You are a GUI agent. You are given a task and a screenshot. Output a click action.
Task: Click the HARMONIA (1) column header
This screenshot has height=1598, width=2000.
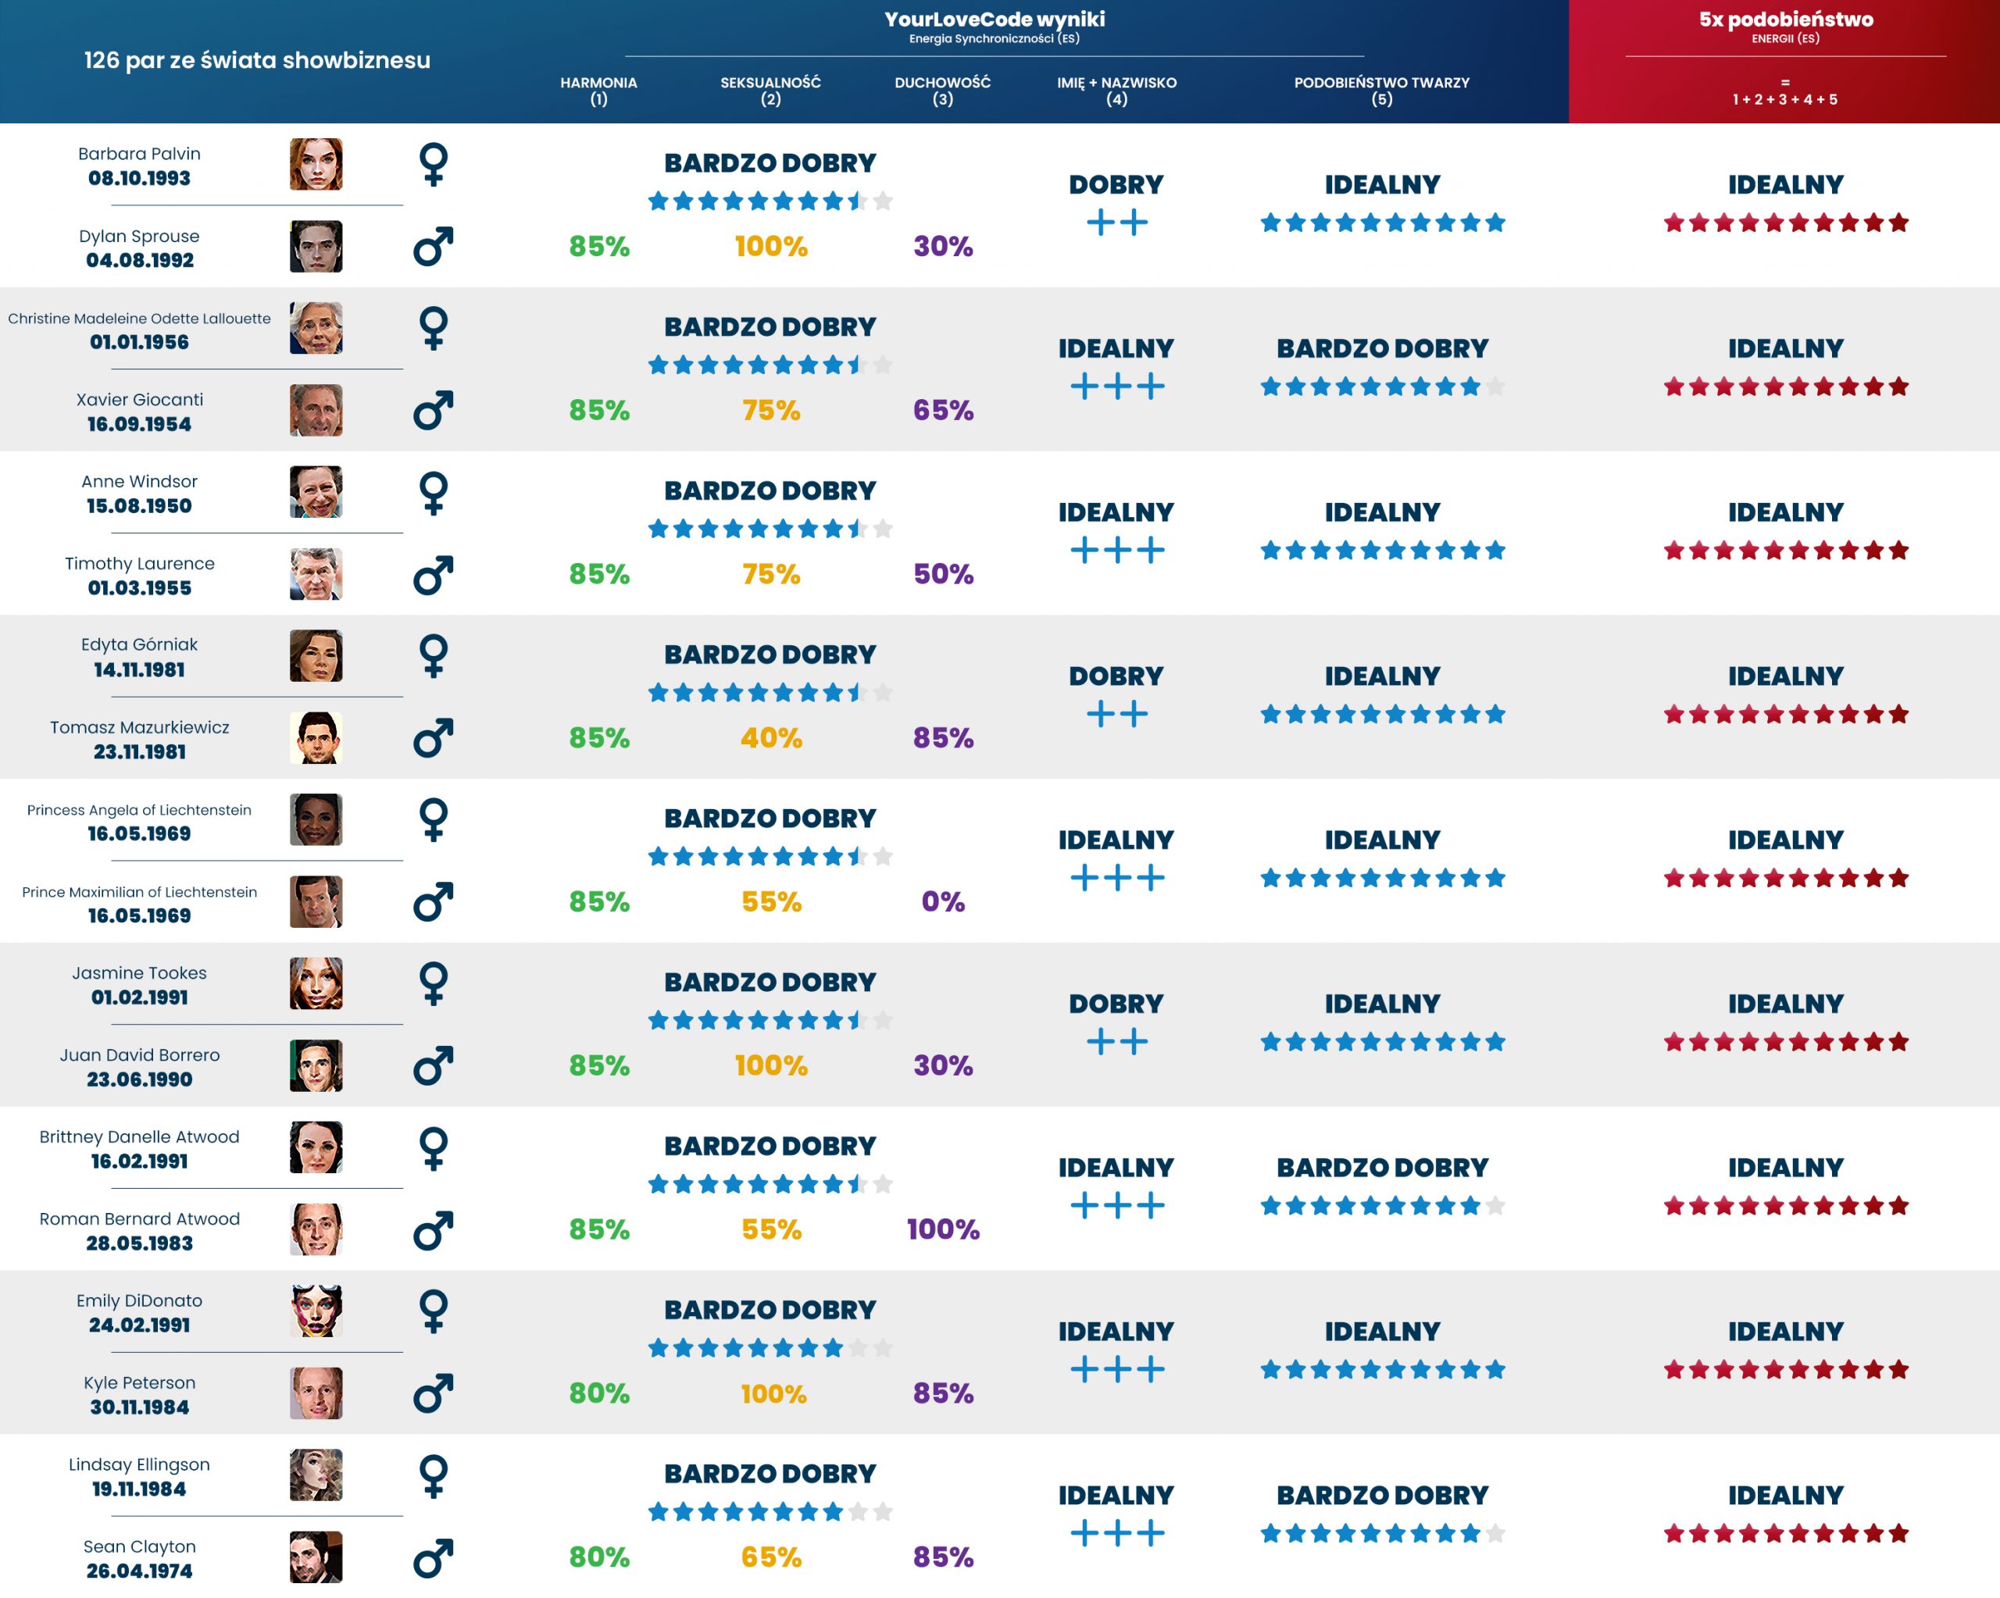coord(598,90)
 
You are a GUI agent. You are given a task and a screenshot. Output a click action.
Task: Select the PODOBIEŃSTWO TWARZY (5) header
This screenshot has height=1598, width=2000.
coord(1381,90)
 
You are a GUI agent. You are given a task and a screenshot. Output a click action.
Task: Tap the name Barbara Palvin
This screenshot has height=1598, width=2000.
coord(139,154)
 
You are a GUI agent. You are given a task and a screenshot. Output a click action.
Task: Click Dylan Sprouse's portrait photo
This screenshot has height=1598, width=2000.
coord(316,247)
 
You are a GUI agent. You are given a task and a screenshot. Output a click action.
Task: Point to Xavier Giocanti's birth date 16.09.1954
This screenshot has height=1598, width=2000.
coord(139,424)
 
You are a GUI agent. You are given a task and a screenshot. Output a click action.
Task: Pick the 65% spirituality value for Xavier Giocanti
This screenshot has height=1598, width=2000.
coord(942,410)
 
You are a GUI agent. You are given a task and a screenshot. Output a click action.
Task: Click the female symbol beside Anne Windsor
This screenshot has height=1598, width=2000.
coord(434,493)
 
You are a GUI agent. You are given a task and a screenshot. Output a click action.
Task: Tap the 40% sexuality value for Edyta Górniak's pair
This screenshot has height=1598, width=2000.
coord(771,738)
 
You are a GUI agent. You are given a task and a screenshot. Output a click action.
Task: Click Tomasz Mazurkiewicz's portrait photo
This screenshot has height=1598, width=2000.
coord(316,738)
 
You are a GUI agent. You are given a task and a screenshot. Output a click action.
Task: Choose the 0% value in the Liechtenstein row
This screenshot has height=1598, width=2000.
coord(942,901)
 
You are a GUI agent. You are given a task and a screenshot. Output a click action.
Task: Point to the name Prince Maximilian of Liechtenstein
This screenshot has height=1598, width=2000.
coord(139,892)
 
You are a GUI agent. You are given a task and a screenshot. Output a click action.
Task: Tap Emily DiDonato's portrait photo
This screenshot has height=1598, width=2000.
coord(316,1311)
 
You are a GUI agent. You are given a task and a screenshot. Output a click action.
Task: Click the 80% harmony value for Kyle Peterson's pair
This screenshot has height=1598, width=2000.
coord(598,1393)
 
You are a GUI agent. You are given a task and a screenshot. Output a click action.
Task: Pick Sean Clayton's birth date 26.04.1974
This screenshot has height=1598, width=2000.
coord(139,1571)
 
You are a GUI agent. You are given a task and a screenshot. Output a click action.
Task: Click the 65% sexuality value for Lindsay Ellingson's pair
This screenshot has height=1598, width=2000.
coord(771,1557)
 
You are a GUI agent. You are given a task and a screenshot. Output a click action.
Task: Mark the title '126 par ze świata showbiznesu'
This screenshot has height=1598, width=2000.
coord(257,60)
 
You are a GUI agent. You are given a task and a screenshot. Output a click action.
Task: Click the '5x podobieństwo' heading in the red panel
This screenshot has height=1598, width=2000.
coord(1785,20)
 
